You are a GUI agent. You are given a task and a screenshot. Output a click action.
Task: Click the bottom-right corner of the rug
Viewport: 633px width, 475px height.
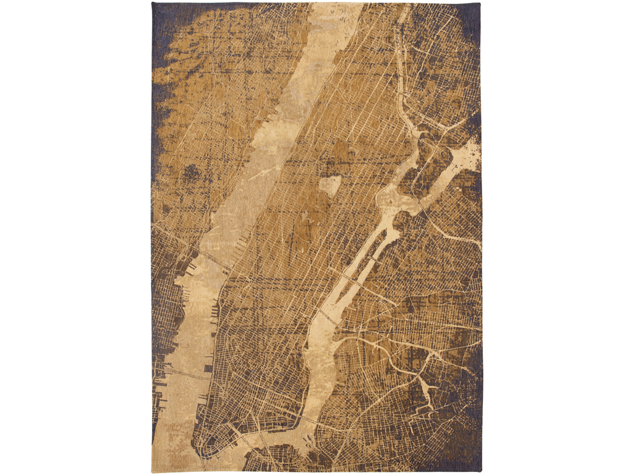pyautogui.click(x=481, y=470)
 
